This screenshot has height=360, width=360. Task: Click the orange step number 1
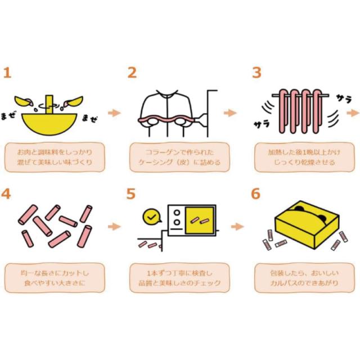(x=7, y=73)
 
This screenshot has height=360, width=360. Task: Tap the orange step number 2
(x=132, y=73)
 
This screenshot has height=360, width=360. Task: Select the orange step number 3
(x=256, y=73)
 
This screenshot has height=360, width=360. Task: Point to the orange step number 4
(x=6, y=193)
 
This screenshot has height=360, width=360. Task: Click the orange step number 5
(x=131, y=193)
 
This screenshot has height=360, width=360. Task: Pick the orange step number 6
(x=255, y=193)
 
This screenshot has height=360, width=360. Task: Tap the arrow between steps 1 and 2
(x=114, y=112)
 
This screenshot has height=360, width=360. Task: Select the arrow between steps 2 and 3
(x=230, y=112)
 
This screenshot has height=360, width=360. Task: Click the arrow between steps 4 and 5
(x=114, y=227)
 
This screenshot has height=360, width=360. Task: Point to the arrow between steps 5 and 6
(x=237, y=227)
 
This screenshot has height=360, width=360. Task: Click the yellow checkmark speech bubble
(x=151, y=217)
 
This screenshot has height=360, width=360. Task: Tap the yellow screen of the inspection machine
(x=200, y=220)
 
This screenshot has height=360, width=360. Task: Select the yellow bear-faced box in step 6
(x=307, y=225)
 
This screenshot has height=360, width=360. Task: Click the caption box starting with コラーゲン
(x=179, y=157)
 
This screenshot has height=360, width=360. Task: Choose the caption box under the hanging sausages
(x=304, y=157)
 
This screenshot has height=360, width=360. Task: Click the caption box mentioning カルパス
(x=304, y=278)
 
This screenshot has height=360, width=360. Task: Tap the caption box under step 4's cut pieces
(x=55, y=278)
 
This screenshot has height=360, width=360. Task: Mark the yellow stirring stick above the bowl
(x=49, y=105)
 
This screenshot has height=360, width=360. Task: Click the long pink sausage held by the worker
(x=166, y=120)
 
